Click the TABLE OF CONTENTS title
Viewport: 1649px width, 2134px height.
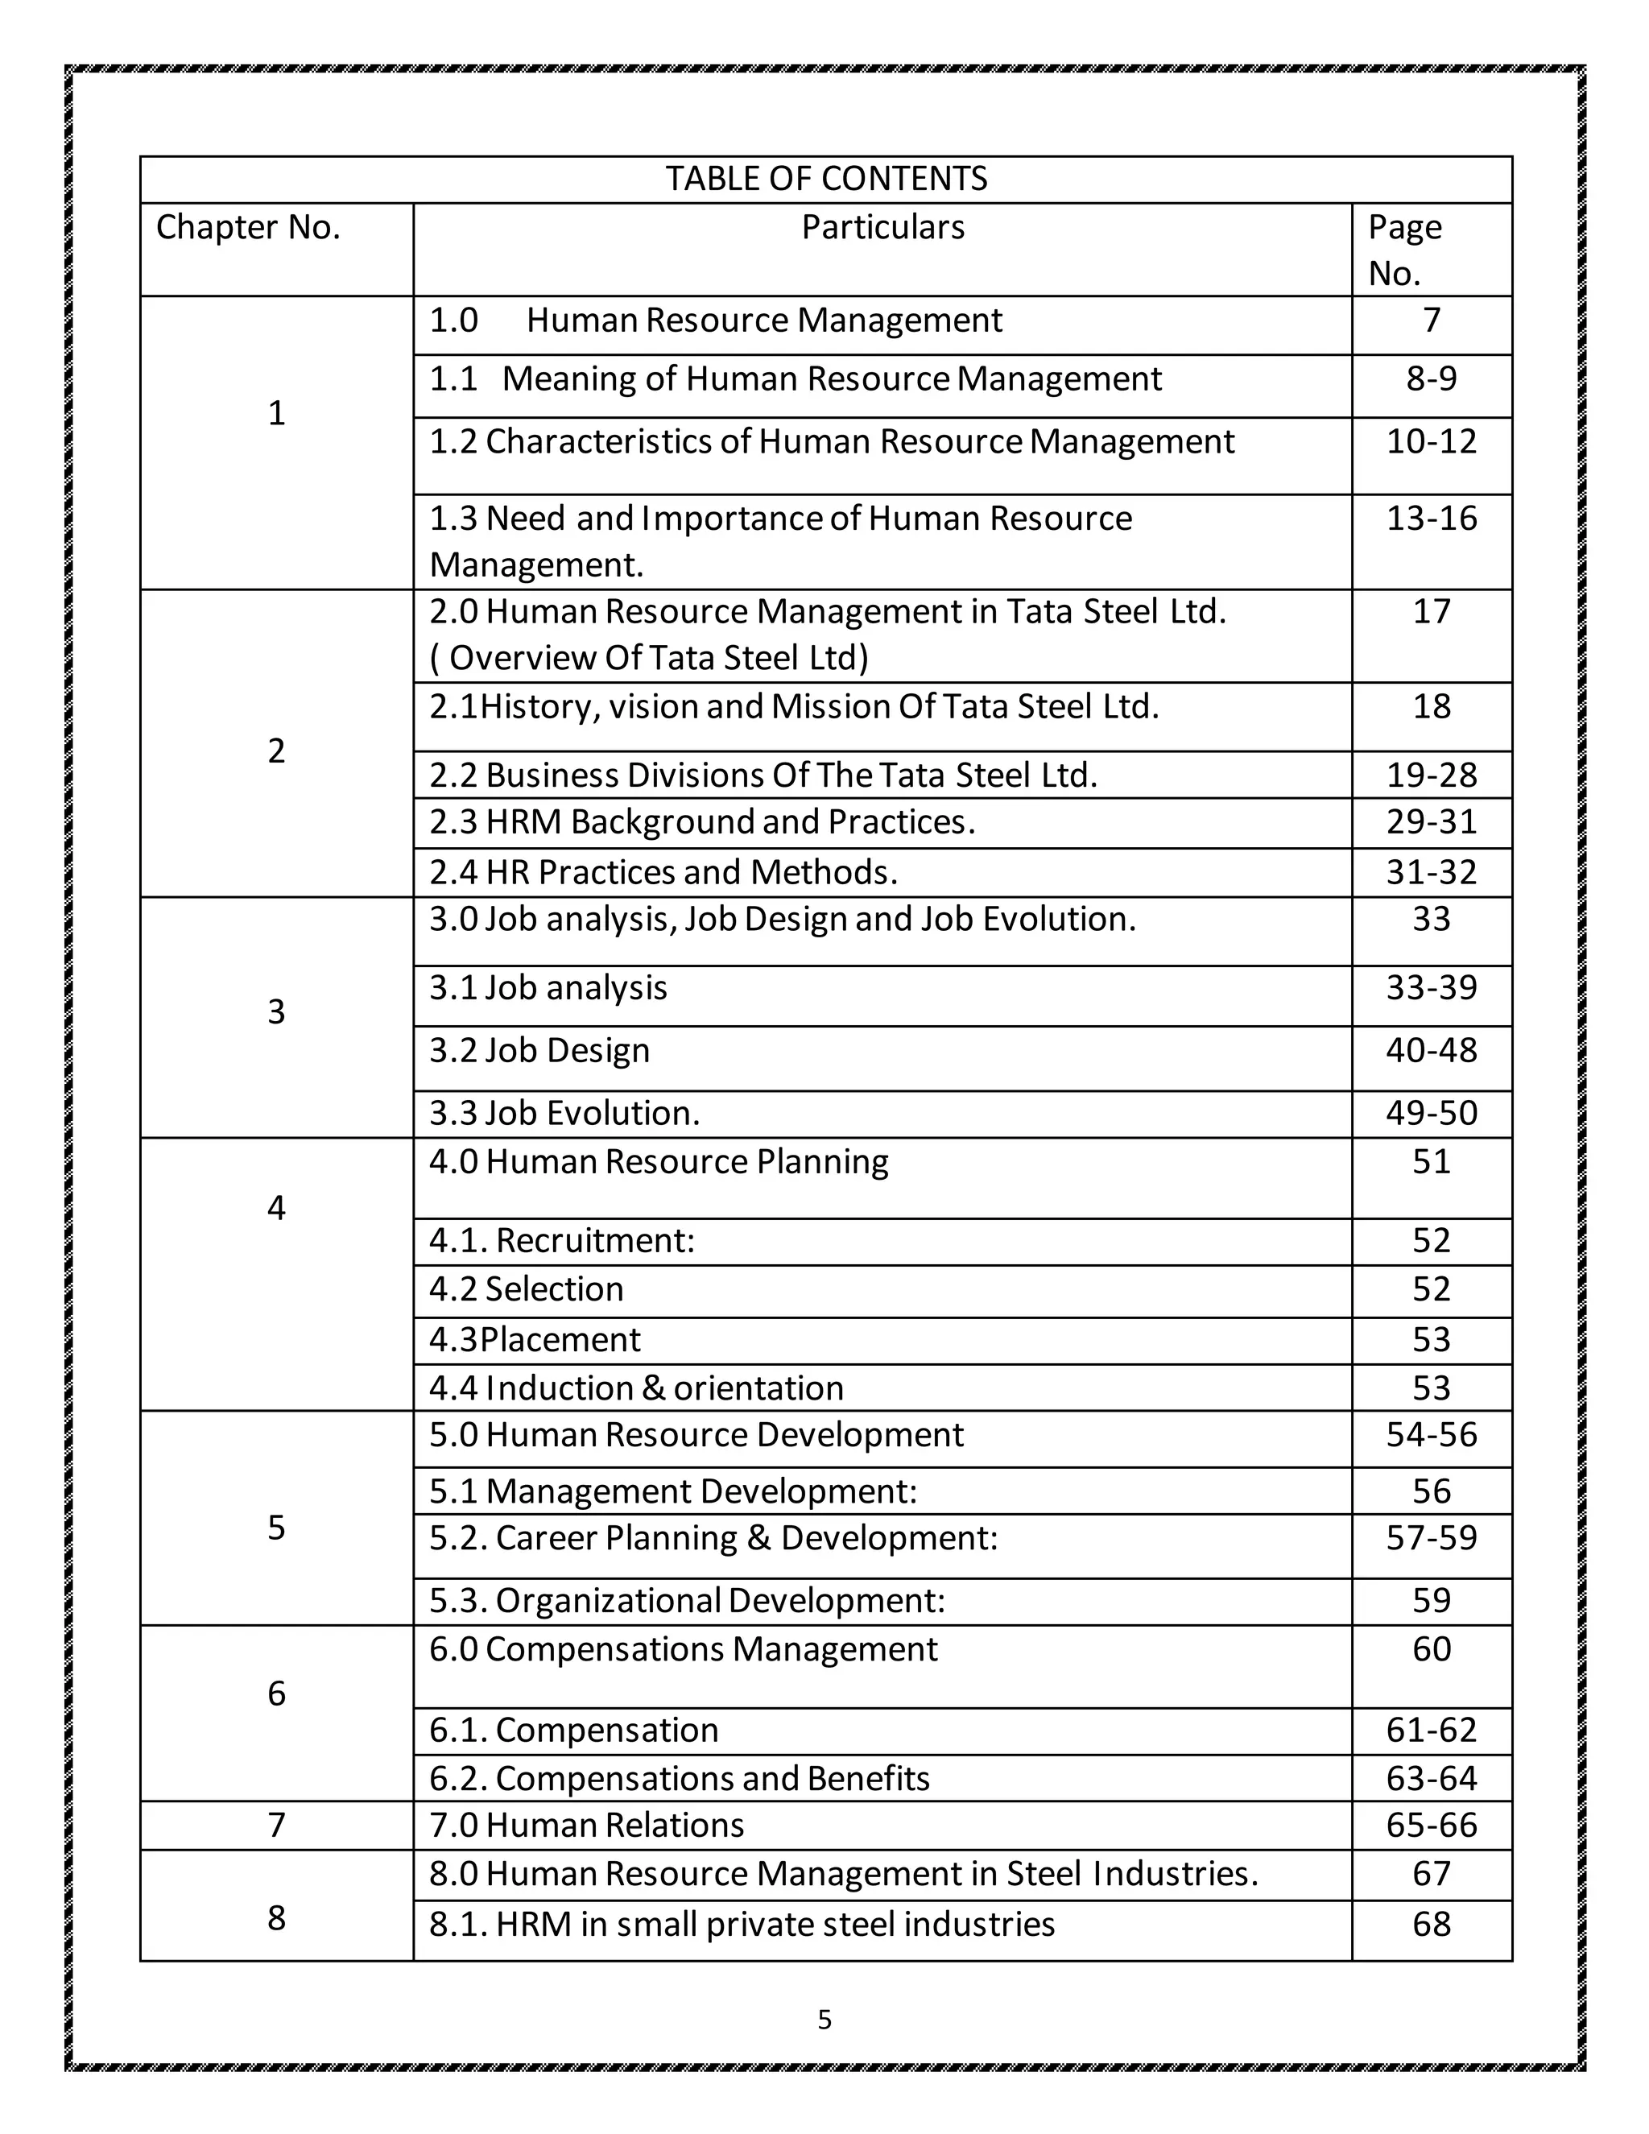(825, 179)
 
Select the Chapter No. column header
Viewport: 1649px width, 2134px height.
(248, 228)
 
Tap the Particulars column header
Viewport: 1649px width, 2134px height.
(882, 228)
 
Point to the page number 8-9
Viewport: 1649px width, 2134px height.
(1431, 379)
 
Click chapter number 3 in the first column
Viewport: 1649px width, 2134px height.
(276, 1011)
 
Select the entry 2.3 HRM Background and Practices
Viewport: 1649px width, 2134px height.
(701, 821)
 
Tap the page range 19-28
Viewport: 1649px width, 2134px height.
(1431, 775)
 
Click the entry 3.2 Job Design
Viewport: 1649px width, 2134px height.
(539, 1050)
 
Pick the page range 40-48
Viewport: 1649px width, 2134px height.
(1431, 1050)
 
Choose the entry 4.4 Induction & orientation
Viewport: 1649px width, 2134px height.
(636, 1388)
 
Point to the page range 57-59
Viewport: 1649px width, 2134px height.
(1431, 1538)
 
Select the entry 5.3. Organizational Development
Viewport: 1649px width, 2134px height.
(687, 1601)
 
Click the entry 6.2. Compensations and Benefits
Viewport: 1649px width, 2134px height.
(679, 1778)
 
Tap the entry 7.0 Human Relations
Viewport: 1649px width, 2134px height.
(586, 1826)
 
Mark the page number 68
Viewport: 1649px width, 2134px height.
(1431, 1924)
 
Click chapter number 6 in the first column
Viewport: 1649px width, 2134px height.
(276, 1694)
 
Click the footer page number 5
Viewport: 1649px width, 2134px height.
(824, 2020)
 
